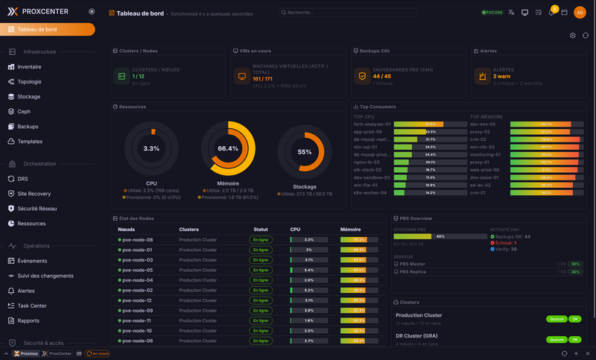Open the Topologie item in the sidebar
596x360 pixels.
coord(29,81)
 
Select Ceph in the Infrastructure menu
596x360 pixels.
coord(24,111)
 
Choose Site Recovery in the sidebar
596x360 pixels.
coord(34,193)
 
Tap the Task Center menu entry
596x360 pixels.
coord(32,306)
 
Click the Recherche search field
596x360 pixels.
coord(335,13)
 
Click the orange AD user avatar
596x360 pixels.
coord(580,13)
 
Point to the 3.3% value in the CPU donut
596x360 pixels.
coord(151,149)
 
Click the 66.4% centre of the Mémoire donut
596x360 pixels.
coord(228,149)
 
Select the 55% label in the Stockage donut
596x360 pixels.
coord(305,152)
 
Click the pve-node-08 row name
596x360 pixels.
coord(138,240)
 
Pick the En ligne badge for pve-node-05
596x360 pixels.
coord(261,270)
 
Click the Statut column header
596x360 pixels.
coord(260,230)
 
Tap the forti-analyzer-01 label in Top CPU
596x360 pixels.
coord(372,124)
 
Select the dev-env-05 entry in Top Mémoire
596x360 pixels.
coord(483,124)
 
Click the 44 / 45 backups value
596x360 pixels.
coord(381,76)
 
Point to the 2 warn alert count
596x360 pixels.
coord(501,76)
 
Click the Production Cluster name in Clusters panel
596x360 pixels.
coord(419,315)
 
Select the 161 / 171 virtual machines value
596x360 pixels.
coord(262,78)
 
